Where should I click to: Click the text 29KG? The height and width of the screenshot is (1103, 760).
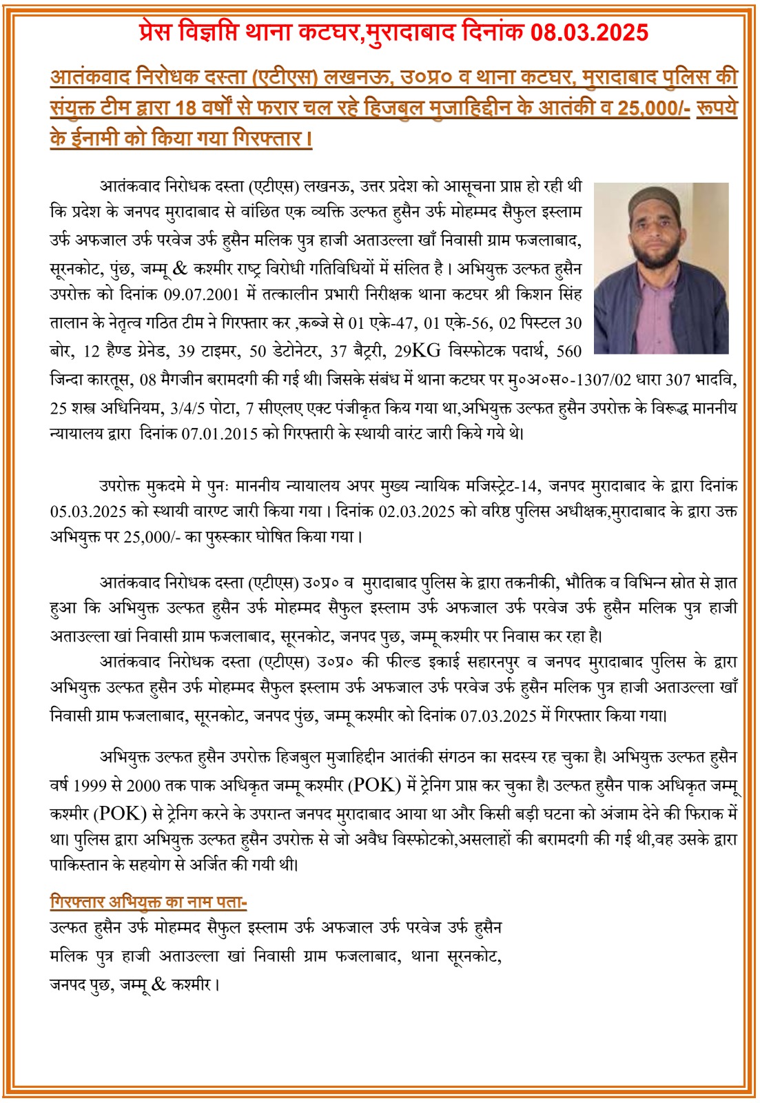(418, 351)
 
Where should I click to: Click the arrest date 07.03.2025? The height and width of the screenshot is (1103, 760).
(498, 716)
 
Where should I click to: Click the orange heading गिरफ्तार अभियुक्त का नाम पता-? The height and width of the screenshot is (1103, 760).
(148, 902)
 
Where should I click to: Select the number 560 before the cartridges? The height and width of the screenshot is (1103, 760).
(568, 351)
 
